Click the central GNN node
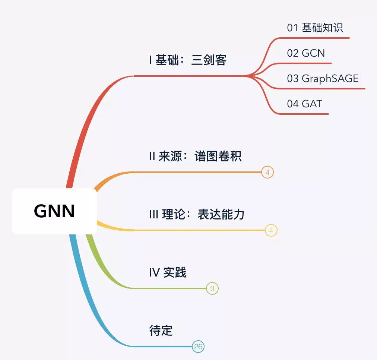pyautogui.click(x=54, y=211)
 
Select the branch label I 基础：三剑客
pyautogui.click(x=188, y=60)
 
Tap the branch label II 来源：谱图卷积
pyautogui.click(x=195, y=156)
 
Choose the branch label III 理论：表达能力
pyautogui.click(x=197, y=214)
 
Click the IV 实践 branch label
pyautogui.click(x=168, y=272)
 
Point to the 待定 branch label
pyautogui.click(x=161, y=331)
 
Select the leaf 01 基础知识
pyautogui.click(x=315, y=28)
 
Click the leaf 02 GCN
pyautogui.click(x=306, y=53)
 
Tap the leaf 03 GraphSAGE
pyautogui.click(x=323, y=78)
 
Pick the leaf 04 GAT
pyautogui.click(x=304, y=103)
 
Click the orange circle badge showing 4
pyautogui.click(x=267, y=173)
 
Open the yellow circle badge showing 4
pyautogui.click(x=271, y=231)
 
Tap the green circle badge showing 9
pyautogui.click(x=212, y=288)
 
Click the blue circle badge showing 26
pyautogui.click(x=198, y=347)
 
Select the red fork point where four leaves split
pyautogui.click(x=248, y=76)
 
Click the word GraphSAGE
pyautogui.click(x=330, y=78)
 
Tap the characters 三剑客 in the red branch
pyautogui.click(x=209, y=60)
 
